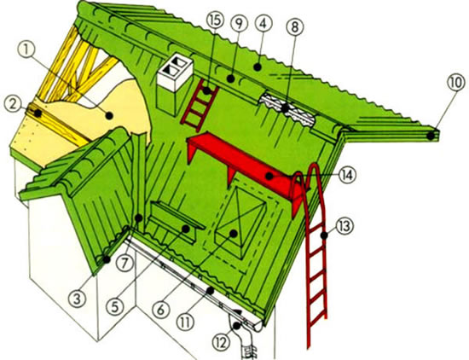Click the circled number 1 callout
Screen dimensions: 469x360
[26, 50]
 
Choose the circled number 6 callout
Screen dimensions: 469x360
[160, 310]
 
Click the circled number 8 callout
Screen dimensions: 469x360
[295, 27]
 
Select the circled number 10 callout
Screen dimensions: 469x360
[456, 83]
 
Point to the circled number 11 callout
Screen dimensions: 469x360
[186, 322]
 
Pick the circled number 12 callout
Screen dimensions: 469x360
[222, 342]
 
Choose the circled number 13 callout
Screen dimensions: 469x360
[345, 227]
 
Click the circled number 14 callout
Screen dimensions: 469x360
[347, 175]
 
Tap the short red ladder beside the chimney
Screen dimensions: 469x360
[200, 103]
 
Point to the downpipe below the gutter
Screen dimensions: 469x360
[244, 338]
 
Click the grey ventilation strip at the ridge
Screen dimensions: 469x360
[287, 109]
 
